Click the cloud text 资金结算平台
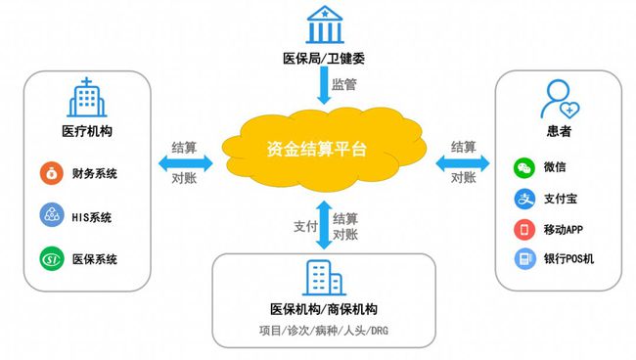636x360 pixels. (321, 151)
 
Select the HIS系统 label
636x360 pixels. (95, 216)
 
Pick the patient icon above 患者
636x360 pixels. (558, 98)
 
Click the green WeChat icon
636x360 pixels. (524, 167)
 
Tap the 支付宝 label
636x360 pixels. (559, 199)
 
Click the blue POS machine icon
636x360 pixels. (524, 259)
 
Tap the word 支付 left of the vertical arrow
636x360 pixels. (305, 226)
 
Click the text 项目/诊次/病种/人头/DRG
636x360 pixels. (323, 329)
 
